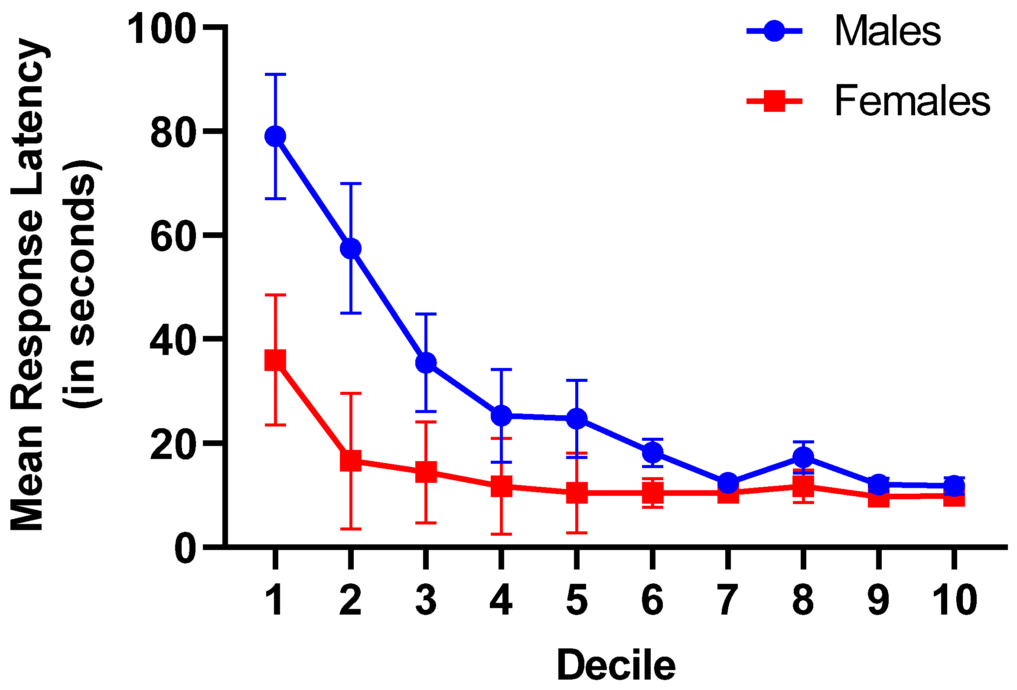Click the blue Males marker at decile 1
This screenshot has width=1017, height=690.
click(x=275, y=137)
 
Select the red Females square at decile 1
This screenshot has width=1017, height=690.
click(x=275, y=360)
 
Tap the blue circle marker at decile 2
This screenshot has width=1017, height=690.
click(x=351, y=248)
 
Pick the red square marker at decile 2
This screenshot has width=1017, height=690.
click(x=351, y=461)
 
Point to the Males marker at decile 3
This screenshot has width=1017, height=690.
click(x=426, y=363)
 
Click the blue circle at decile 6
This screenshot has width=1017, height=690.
click(x=652, y=452)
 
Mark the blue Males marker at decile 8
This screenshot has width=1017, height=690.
click(x=803, y=457)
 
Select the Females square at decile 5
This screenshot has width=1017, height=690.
click(x=577, y=493)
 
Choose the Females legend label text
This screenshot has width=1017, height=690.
click(x=912, y=101)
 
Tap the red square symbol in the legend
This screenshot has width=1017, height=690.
click(x=774, y=101)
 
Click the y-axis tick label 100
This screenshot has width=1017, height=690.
click(x=160, y=29)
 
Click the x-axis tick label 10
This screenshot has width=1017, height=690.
click(x=955, y=601)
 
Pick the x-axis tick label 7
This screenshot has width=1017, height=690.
click(x=727, y=601)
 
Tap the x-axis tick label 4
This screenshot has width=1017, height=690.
click(x=501, y=601)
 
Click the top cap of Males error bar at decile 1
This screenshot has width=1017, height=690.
click(x=275, y=75)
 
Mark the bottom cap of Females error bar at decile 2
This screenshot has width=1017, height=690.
click(x=351, y=529)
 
